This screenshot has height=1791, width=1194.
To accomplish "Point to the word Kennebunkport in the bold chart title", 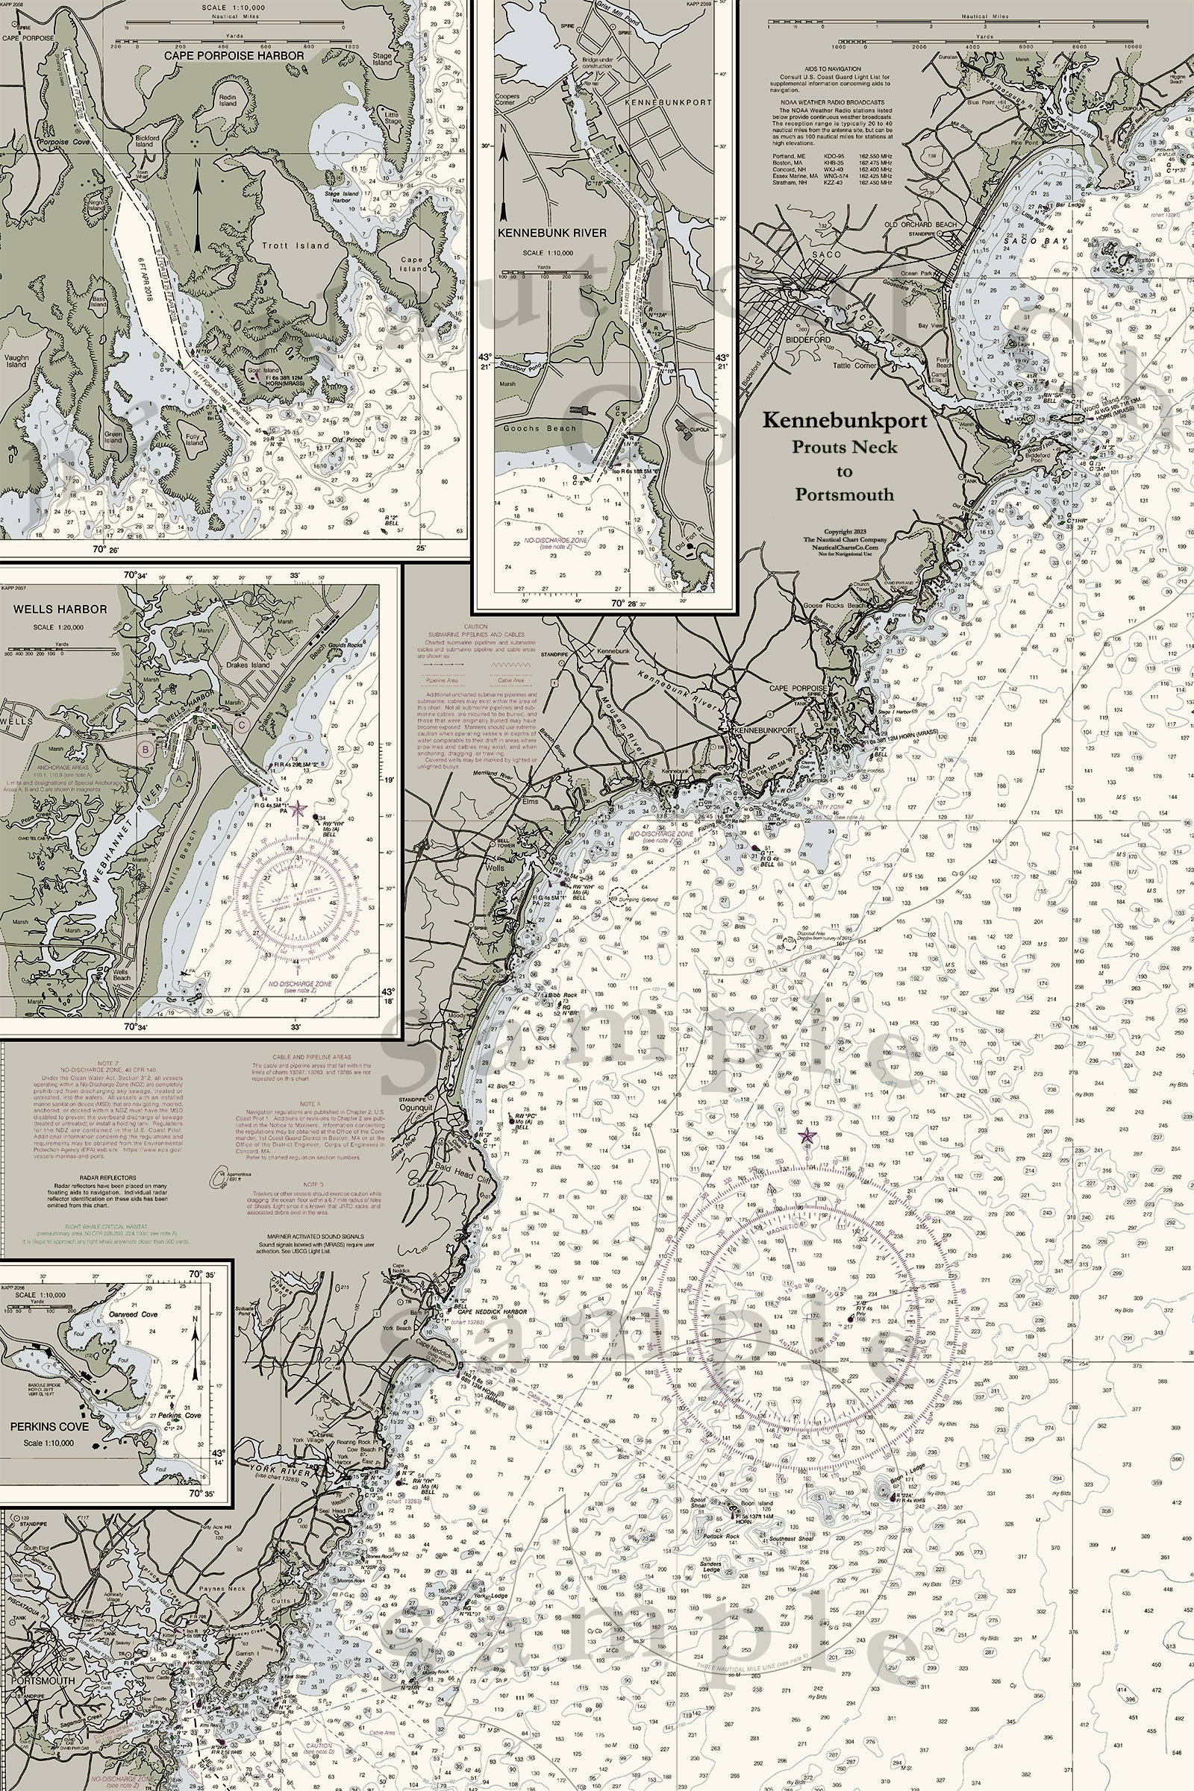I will coord(846,420).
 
